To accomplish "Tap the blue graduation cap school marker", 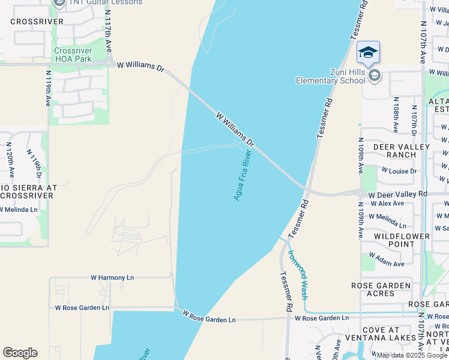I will coord(368,52).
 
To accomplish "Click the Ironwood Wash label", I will coord(297,274).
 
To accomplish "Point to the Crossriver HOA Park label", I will coord(73,55).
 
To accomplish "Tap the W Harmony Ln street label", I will coord(112,278).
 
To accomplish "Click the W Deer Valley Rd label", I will coord(397,194).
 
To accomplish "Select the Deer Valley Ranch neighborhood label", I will coord(402,151).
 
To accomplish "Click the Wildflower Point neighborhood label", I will coord(402,240).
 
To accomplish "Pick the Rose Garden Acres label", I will coord(381,289).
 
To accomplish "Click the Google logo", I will coord(20,353).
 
